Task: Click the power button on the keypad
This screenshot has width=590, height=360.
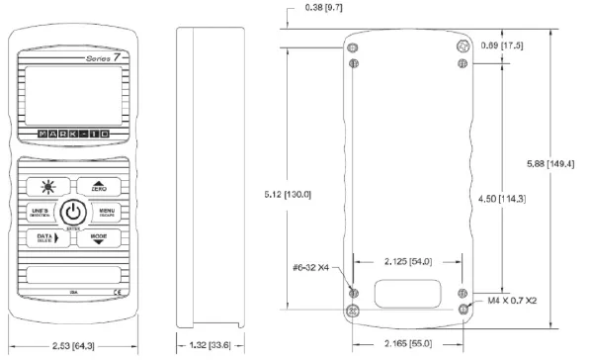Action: click(74, 213)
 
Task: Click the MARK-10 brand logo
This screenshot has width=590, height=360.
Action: click(73, 131)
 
